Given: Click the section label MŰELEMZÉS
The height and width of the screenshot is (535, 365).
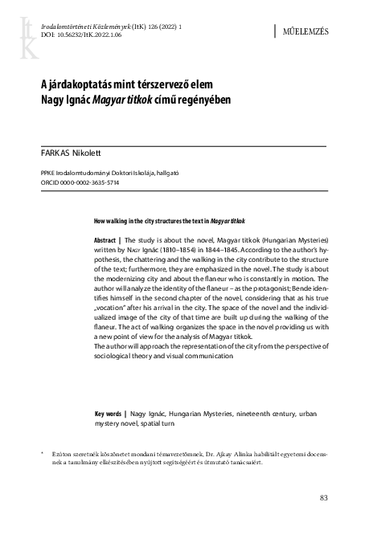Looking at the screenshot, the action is [x=309, y=32].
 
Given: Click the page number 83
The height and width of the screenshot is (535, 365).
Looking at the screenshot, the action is [x=325, y=499].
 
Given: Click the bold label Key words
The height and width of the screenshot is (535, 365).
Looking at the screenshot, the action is [x=111, y=413].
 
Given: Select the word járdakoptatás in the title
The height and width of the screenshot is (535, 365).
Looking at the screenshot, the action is [x=76, y=85].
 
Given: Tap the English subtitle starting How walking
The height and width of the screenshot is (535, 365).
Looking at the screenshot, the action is [x=170, y=219].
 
